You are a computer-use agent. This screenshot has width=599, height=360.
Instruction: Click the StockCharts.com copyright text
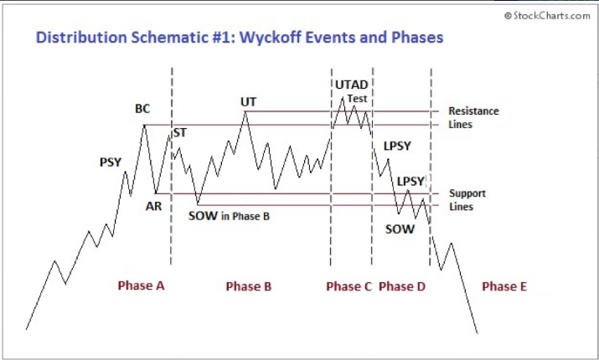[x=547, y=16]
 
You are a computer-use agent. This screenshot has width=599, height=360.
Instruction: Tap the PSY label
[x=111, y=162]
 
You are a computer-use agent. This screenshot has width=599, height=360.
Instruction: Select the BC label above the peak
[x=142, y=109]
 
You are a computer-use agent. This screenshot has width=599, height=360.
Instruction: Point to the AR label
[x=153, y=206]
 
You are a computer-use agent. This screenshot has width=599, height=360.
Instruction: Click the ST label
[x=180, y=133]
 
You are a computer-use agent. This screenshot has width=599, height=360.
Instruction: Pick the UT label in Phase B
[x=248, y=102]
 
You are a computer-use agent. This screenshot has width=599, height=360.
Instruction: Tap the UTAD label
[x=352, y=85]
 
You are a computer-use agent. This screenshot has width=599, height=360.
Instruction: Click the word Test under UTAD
[x=357, y=99]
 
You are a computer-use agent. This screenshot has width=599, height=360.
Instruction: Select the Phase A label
[x=141, y=285]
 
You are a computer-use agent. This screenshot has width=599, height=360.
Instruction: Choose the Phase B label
[x=248, y=286]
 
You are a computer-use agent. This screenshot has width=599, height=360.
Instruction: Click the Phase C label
[x=349, y=286]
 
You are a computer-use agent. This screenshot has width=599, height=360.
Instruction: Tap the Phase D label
[x=402, y=286]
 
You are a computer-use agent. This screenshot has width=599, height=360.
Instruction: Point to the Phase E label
[x=504, y=286]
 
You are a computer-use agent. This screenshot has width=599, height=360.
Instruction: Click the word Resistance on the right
[x=473, y=111]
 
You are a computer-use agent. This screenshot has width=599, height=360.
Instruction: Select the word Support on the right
[x=467, y=193]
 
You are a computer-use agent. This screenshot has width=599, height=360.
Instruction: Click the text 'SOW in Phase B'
[x=229, y=216]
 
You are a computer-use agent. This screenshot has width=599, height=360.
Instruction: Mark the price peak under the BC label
[x=144, y=125]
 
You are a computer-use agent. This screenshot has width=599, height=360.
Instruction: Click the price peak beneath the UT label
[x=245, y=111]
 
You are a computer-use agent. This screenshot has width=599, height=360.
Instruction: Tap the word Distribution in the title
[x=81, y=38]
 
